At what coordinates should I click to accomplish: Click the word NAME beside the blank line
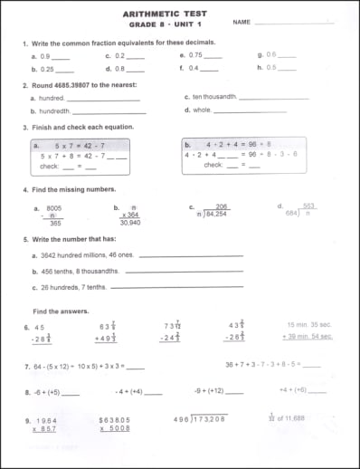[242, 22]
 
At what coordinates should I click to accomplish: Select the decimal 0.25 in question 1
[48, 69]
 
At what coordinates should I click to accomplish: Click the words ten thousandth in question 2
[213, 96]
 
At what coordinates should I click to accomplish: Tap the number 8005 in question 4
[54, 206]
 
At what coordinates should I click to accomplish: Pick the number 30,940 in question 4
[130, 222]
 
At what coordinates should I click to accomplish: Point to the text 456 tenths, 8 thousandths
[81, 271]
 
